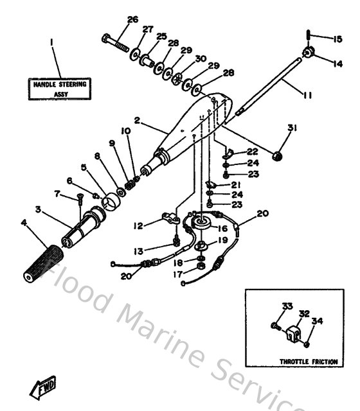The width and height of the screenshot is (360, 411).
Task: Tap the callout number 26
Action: (x=132, y=19)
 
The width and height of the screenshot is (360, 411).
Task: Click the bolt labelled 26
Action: (x=116, y=42)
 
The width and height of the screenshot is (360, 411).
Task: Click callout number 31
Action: (x=292, y=129)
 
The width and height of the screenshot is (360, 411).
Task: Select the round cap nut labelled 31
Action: (x=279, y=155)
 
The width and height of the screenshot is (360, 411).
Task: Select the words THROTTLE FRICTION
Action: (x=309, y=362)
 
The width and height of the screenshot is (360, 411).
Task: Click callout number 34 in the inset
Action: (x=316, y=320)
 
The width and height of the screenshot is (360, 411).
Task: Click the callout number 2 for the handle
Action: (x=137, y=120)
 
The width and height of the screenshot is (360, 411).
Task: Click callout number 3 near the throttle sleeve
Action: (x=38, y=209)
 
